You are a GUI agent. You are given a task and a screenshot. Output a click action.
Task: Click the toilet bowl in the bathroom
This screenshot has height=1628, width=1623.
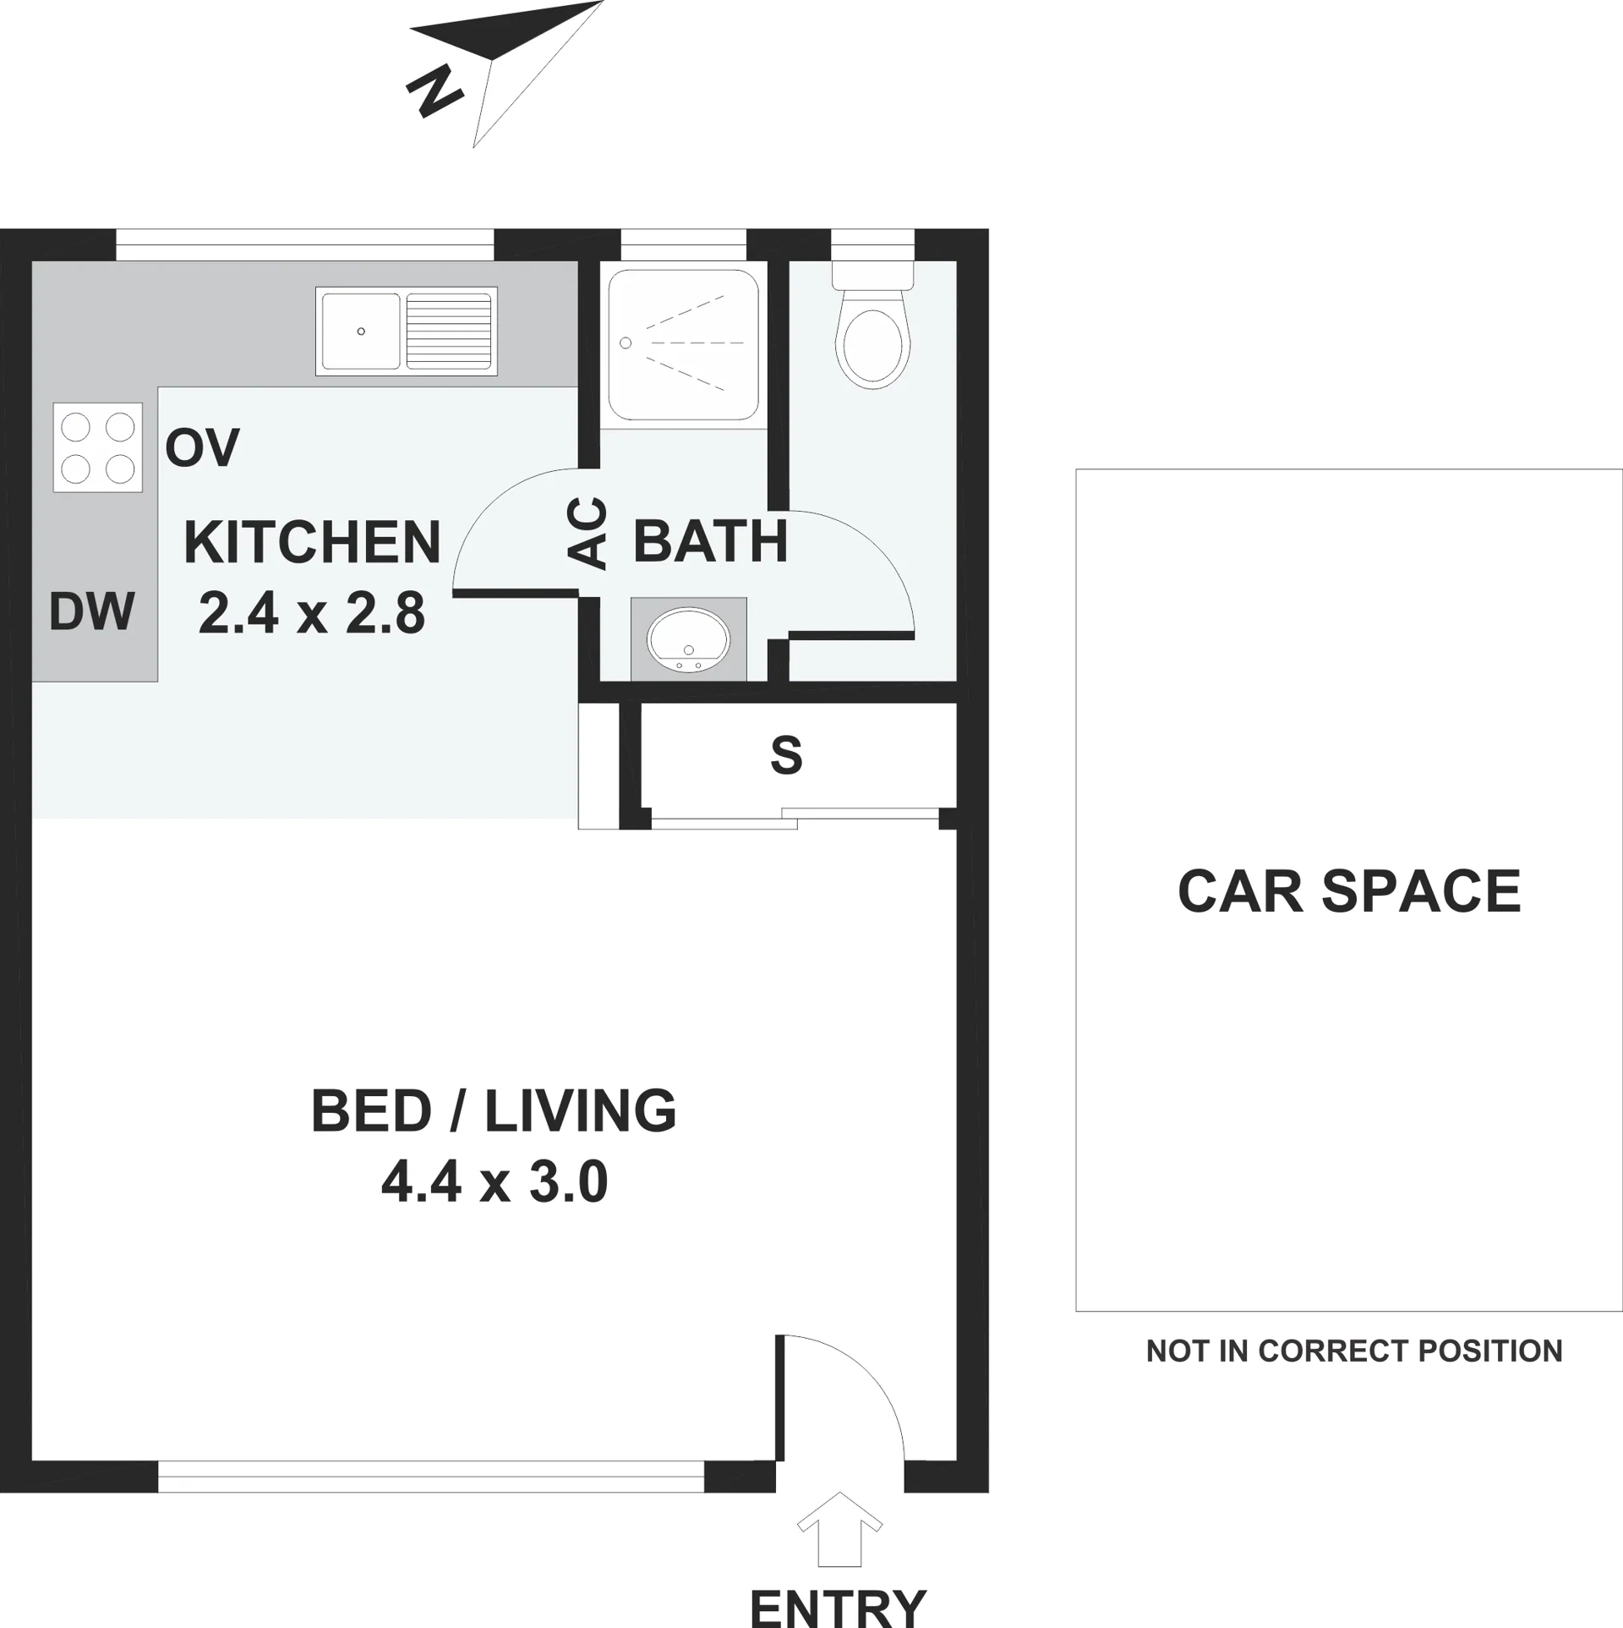click(872, 348)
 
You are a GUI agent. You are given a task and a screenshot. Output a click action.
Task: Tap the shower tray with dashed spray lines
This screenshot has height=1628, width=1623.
click(683, 345)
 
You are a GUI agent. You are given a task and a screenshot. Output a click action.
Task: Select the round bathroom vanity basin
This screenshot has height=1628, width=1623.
click(688, 639)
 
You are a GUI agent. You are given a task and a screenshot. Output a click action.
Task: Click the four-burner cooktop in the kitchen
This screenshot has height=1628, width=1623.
click(98, 447)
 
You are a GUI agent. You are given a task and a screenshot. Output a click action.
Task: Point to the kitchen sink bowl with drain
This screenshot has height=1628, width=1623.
click(361, 332)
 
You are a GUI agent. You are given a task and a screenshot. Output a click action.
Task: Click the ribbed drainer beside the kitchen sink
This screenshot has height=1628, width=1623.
click(449, 332)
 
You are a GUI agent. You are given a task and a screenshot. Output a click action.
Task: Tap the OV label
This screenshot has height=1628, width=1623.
click(202, 447)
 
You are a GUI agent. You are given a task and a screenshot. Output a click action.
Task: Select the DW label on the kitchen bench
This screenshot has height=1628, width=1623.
click(92, 611)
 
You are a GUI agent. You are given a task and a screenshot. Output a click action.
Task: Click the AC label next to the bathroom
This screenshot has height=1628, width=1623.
click(587, 533)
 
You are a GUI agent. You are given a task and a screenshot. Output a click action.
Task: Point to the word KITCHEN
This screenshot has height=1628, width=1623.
click(312, 542)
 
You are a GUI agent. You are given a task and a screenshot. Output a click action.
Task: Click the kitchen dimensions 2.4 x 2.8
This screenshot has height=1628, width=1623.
click(312, 612)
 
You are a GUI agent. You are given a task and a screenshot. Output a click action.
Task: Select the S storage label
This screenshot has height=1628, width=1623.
click(786, 755)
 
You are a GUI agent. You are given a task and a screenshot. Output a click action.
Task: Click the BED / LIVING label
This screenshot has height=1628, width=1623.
click(494, 1110)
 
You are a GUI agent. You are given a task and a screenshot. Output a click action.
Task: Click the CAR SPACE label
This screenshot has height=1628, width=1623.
click(1349, 891)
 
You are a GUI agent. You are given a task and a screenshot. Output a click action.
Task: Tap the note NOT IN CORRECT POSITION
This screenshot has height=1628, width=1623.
click(1354, 1351)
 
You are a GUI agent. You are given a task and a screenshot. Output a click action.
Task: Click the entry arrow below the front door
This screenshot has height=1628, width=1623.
click(840, 1540)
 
